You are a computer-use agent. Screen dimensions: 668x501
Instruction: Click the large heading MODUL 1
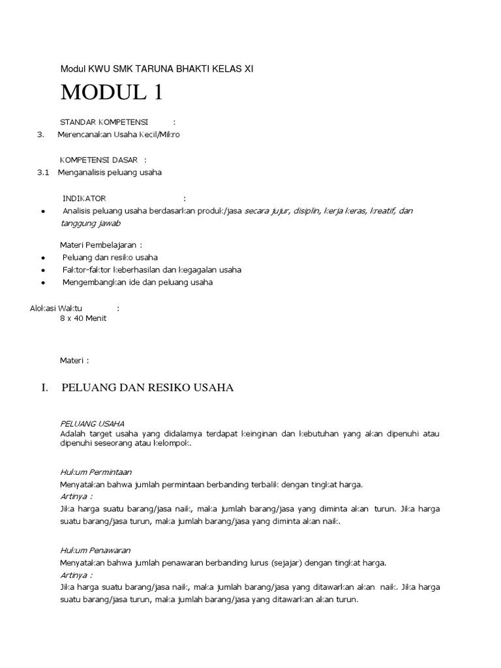(112, 93)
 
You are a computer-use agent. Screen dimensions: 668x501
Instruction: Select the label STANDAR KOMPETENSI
(104, 122)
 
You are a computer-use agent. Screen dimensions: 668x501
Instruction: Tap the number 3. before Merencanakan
(41, 134)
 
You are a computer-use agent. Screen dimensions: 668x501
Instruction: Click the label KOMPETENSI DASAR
(99, 160)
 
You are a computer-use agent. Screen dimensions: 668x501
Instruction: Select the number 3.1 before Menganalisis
(44, 172)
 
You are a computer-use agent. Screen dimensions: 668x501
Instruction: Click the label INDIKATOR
(84, 198)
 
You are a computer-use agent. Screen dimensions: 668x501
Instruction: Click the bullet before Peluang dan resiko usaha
(42, 258)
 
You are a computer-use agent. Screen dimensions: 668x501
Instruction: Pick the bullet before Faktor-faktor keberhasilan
(42, 270)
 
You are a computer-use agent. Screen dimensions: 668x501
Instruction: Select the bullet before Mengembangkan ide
(42, 283)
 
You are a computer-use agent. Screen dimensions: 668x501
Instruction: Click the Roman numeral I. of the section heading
(45, 388)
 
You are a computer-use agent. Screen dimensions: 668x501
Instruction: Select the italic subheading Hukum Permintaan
(96, 472)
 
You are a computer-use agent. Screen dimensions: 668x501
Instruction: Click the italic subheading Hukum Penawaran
(95, 551)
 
